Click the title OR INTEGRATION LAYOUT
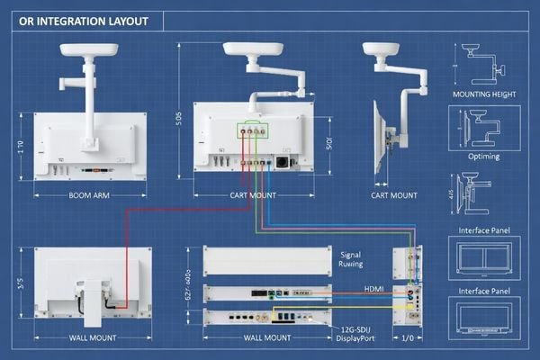[x=78, y=21]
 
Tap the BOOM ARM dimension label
[x=90, y=195]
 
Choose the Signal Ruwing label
[x=350, y=260]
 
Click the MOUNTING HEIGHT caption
[x=484, y=93]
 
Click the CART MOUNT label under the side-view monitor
[x=394, y=195]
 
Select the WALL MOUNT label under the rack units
[x=267, y=338]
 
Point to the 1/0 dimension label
[x=406, y=338]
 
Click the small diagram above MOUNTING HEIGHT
[x=483, y=61]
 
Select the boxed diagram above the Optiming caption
[x=484, y=126]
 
